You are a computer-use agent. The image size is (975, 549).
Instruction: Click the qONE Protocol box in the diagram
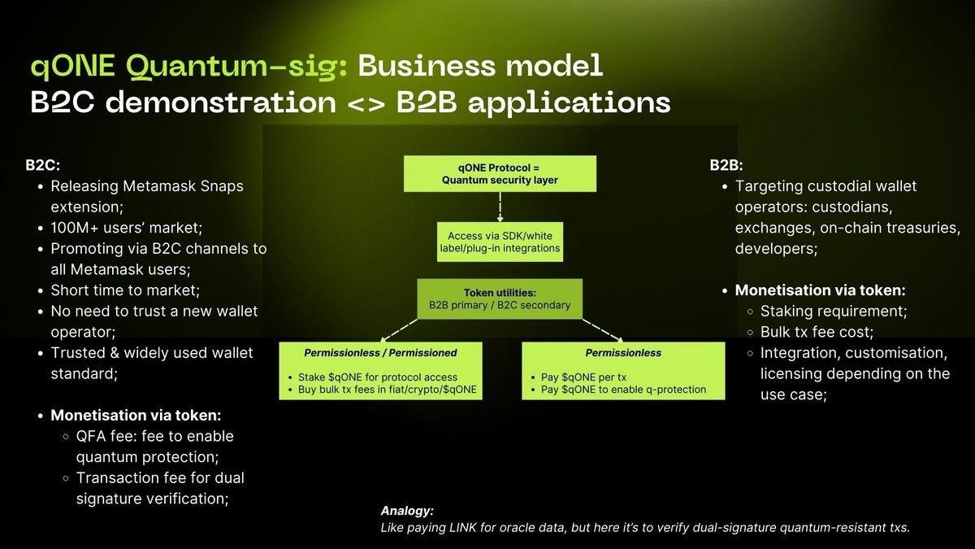[500, 173]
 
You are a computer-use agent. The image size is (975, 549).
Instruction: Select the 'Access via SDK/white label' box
[500, 242]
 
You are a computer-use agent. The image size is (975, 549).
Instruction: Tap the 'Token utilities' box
[500, 298]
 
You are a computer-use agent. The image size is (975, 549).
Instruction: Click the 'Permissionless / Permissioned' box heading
[380, 353]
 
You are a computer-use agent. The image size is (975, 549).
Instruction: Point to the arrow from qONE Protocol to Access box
[500, 207]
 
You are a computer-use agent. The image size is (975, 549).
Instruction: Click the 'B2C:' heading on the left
[42, 165]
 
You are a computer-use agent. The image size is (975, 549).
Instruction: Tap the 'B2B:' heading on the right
[726, 165]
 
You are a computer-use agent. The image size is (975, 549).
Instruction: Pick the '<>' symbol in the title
[367, 102]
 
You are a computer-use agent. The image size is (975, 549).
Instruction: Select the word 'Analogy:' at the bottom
[407, 511]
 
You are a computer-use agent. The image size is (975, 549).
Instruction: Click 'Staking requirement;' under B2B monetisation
[833, 311]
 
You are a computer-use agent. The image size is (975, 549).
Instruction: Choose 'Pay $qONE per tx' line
[584, 377]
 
